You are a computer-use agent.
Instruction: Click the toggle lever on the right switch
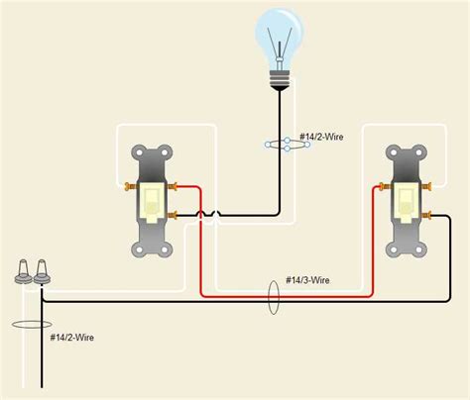pos(408,201)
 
